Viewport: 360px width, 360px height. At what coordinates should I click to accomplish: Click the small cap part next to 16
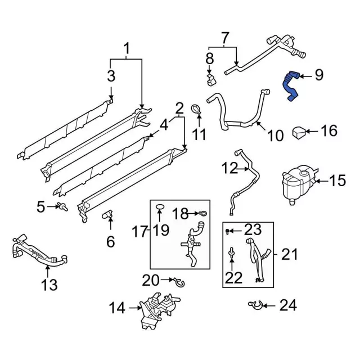[x=300, y=133]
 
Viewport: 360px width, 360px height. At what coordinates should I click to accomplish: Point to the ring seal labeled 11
[x=197, y=110]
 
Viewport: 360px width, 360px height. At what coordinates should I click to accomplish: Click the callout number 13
[x=49, y=285]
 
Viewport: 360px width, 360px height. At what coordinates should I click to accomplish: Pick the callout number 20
[x=151, y=280]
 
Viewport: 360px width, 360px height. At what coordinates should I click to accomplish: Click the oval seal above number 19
[x=159, y=209]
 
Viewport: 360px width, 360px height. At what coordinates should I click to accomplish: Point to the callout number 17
[x=141, y=231]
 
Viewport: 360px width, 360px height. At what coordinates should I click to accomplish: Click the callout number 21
[x=289, y=255]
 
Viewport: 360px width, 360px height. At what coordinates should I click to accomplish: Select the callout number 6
[x=110, y=242]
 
